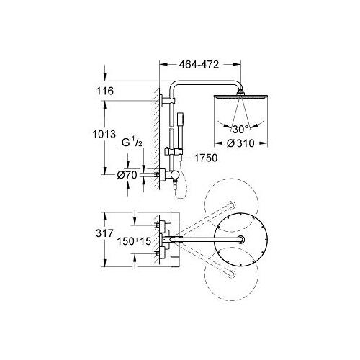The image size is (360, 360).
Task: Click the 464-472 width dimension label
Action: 199,65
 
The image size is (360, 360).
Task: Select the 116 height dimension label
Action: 105,91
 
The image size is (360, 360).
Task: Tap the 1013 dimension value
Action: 104,134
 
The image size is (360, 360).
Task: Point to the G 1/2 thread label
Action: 132,143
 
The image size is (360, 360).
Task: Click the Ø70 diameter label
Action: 127,175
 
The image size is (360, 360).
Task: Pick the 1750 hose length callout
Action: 206,158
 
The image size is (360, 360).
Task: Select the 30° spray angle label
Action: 240,130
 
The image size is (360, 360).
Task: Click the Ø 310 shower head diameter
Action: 240,143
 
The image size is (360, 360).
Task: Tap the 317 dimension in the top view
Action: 104,233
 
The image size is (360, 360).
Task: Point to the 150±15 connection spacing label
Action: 134,241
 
